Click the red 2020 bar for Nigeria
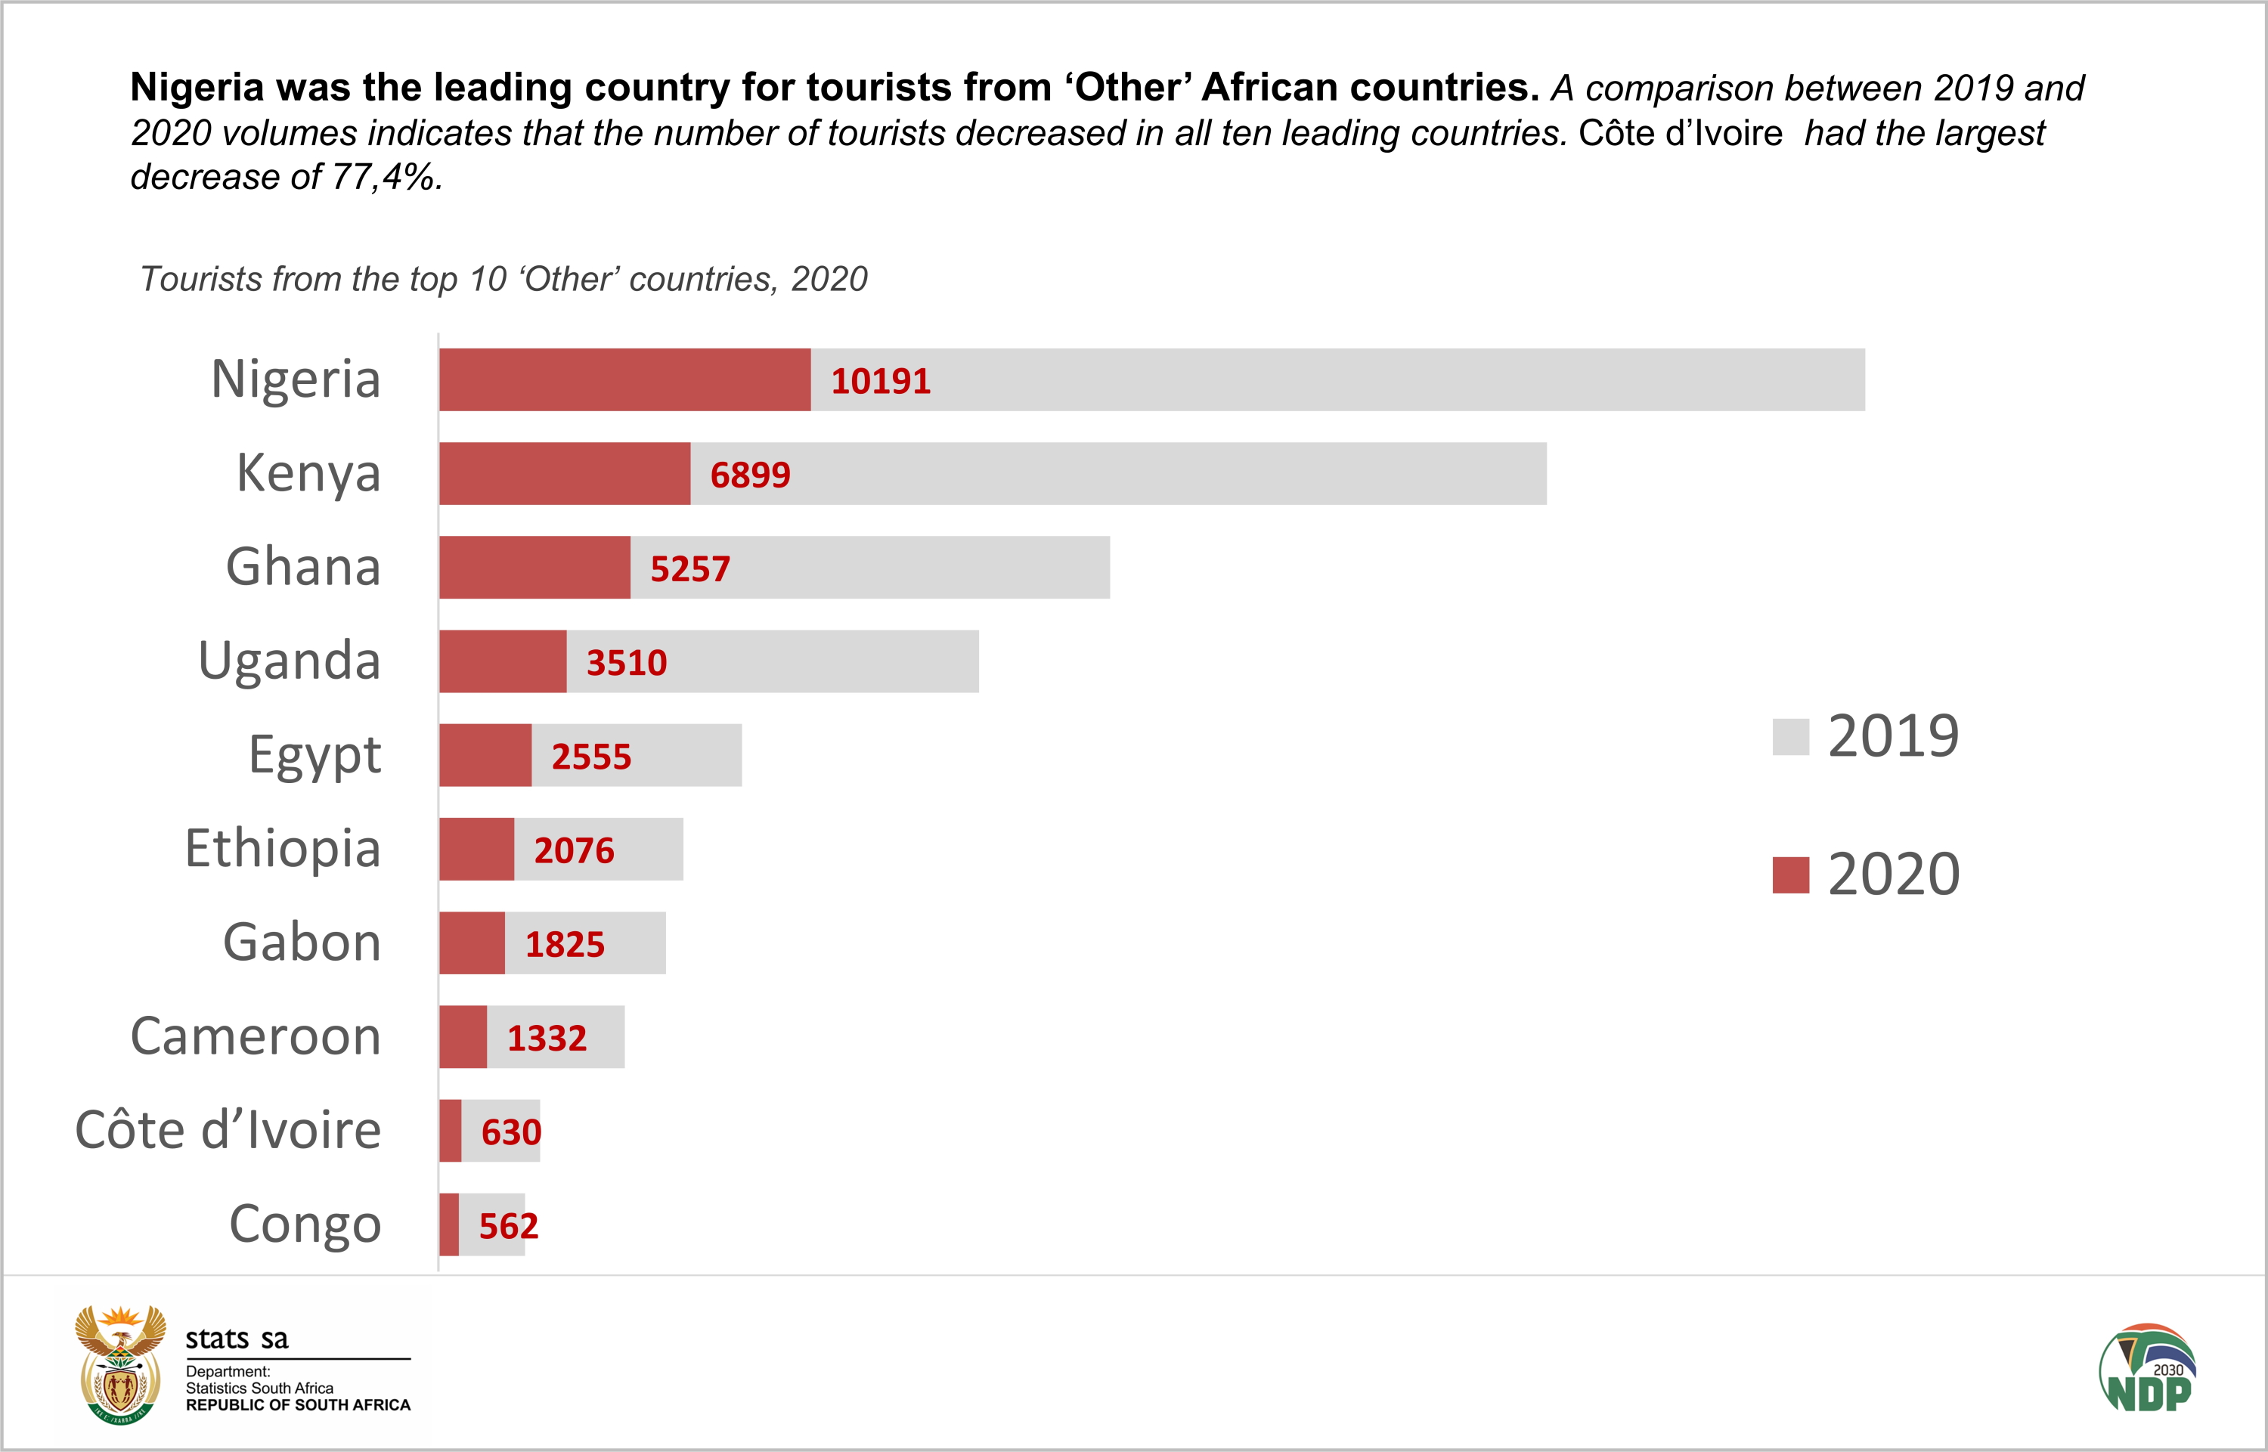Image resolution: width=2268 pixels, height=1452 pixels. (624, 380)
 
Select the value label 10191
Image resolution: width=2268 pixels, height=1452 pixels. (880, 381)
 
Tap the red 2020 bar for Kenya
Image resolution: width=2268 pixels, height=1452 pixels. (564, 473)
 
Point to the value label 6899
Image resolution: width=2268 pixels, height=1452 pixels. (750, 474)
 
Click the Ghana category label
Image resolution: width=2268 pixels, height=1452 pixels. (302, 567)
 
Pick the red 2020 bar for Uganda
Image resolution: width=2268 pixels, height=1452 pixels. (503, 661)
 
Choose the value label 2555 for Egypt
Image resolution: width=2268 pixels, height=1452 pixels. (591, 756)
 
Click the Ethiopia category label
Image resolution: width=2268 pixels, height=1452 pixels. (283, 847)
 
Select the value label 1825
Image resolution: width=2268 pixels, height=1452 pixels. (564, 944)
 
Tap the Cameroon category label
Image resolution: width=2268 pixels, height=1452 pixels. (256, 1036)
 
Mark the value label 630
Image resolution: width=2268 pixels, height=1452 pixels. (511, 1132)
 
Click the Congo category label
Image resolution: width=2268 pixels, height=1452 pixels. (305, 1224)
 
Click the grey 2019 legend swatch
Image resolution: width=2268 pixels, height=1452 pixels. (1790, 736)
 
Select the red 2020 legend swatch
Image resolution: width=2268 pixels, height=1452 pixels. (1790, 875)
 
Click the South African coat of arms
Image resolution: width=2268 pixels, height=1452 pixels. (119, 1364)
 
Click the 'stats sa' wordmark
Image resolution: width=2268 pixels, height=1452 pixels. (237, 1338)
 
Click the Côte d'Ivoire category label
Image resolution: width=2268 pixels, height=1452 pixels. (228, 1129)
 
